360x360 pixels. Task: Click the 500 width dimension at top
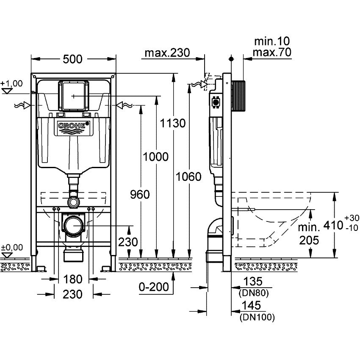[74, 59]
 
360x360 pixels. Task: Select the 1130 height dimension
[173, 123]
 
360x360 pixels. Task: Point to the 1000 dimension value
[155, 156]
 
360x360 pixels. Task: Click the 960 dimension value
[140, 194]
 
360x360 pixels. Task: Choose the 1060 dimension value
[188, 177]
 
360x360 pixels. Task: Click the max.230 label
[166, 53]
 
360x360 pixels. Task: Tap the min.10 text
[271, 41]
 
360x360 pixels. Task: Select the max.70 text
[271, 52]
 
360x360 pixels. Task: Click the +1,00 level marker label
[12, 83]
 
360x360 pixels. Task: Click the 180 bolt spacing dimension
[73, 280]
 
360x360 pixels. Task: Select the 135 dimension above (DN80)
[254, 282]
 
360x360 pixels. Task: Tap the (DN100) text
[257, 316]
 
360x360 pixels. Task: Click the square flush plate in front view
[73, 95]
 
